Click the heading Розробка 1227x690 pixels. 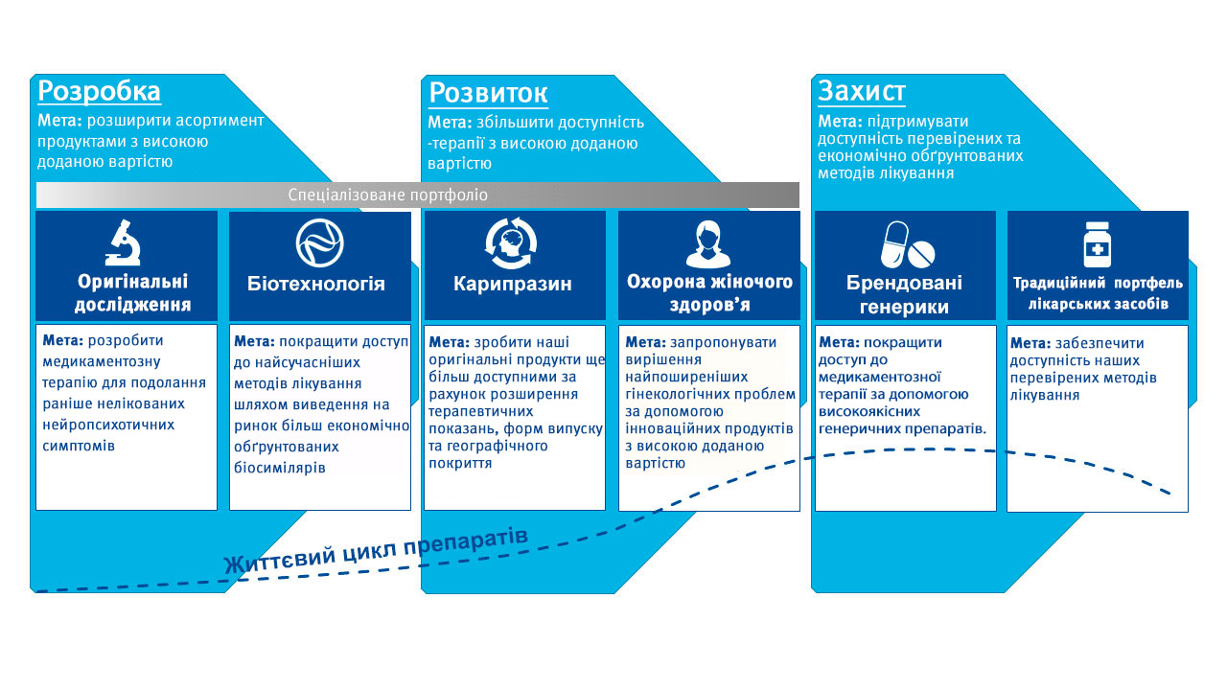pyautogui.click(x=99, y=91)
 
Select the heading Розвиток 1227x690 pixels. pyautogui.click(x=488, y=93)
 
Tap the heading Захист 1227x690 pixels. pyautogui.click(x=862, y=91)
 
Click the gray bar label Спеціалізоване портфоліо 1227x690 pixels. pyautogui.click(x=388, y=195)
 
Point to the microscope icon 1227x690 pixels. pyautogui.click(x=124, y=242)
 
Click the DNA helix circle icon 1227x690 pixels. pyautogui.click(x=319, y=242)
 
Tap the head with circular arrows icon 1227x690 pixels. pyautogui.click(x=511, y=243)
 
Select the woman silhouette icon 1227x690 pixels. pyautogui.click(x=707, y=243)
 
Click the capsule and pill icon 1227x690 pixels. pyautogui.click(x=907, y=244)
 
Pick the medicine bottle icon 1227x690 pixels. pyautogui.click(x=1098, y=244)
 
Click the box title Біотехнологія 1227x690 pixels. pyautogui.click(x=316, y=284)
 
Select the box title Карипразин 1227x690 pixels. pyautogui.click(x=513, y=284)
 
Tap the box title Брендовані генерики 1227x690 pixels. pyautogui.click(x=904, y=294)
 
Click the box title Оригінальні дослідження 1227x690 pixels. pyautogui.click(x=132, y=293)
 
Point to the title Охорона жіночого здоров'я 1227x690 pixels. pyautogui.click(x=709, y=293)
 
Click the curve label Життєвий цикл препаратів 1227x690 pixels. pyautogui.click(x=377, y=551)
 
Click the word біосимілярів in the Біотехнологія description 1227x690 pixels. pyautogui.click(x=279, y=468)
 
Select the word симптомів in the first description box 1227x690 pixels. pyautogui.click(x=79, y=446)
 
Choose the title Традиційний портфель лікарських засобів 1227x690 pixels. pyautogui.click(x=1098, y=293)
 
